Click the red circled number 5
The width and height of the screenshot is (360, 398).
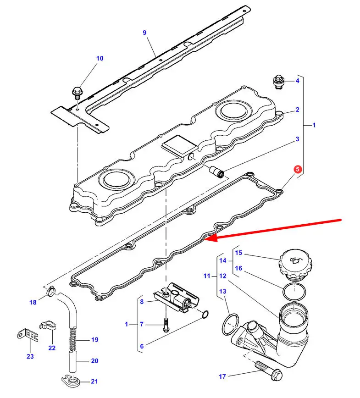click(298, 169)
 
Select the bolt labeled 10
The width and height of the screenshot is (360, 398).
click(77, 94)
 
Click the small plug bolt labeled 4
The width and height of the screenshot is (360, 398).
click(278, 82)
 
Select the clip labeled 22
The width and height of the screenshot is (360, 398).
click(47, 326)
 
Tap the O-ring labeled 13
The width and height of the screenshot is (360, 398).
click(230, 324)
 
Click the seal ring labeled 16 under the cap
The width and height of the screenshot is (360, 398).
click(294, 292)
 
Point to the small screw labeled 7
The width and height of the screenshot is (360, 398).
click(166, 325)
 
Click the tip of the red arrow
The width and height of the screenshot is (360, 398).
click(205, 239)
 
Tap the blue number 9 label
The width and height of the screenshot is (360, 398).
click(145, 33)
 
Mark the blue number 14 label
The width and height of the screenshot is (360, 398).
click(223, 260)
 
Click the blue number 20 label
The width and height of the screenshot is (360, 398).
click(94, 361)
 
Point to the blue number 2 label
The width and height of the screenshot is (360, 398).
click(298, 110)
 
